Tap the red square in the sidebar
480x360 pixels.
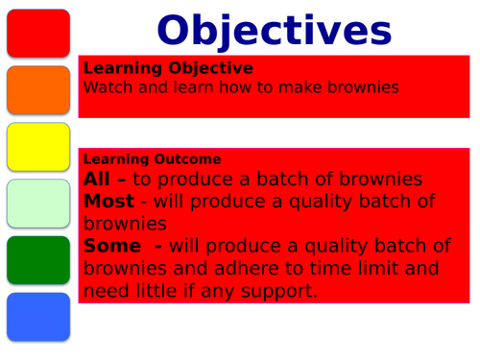point(37,34)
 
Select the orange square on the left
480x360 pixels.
point(37,90)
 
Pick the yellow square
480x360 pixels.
point(37,147)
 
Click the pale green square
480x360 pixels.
point(37,203)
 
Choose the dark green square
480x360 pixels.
point(37,259)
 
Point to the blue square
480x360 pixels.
point(37,317)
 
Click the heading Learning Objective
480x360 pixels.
point(169,68)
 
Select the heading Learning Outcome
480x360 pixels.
point(153,158)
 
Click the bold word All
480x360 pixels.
point(98,179)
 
